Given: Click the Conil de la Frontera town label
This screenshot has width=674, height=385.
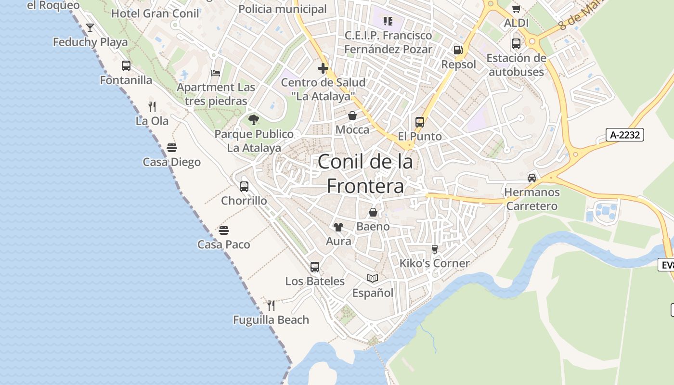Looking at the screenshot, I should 365,174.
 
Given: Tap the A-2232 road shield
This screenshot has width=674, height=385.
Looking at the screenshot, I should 625,135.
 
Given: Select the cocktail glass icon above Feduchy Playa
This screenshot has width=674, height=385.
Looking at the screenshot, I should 90,28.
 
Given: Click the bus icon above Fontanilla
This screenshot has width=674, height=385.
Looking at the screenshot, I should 126,66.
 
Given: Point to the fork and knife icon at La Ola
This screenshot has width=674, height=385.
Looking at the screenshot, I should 152,106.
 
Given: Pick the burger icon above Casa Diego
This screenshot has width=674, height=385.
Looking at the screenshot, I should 172,147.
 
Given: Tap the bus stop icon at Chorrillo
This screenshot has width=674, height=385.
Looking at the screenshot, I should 244,186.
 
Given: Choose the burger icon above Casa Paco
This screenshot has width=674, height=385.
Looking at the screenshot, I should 224,230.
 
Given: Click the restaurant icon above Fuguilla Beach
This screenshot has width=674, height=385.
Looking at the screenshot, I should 271,305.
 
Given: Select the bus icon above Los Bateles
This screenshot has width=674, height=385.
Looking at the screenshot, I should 315,267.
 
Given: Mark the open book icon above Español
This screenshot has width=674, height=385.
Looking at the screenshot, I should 373,278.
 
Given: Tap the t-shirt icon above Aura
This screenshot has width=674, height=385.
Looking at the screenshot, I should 338,227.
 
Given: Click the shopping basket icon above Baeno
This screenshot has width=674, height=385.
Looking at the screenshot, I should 373,212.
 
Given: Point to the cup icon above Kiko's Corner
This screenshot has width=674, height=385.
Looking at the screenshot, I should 435,249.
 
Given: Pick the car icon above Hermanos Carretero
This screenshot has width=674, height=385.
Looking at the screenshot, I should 532,178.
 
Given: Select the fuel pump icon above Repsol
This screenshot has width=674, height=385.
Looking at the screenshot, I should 458,50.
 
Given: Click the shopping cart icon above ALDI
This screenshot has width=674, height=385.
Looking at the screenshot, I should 516,9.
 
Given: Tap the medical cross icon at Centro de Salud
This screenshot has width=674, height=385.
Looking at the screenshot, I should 323,68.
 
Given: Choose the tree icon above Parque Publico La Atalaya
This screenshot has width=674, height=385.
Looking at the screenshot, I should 254,119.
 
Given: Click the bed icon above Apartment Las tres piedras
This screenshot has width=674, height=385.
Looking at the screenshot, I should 216,73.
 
